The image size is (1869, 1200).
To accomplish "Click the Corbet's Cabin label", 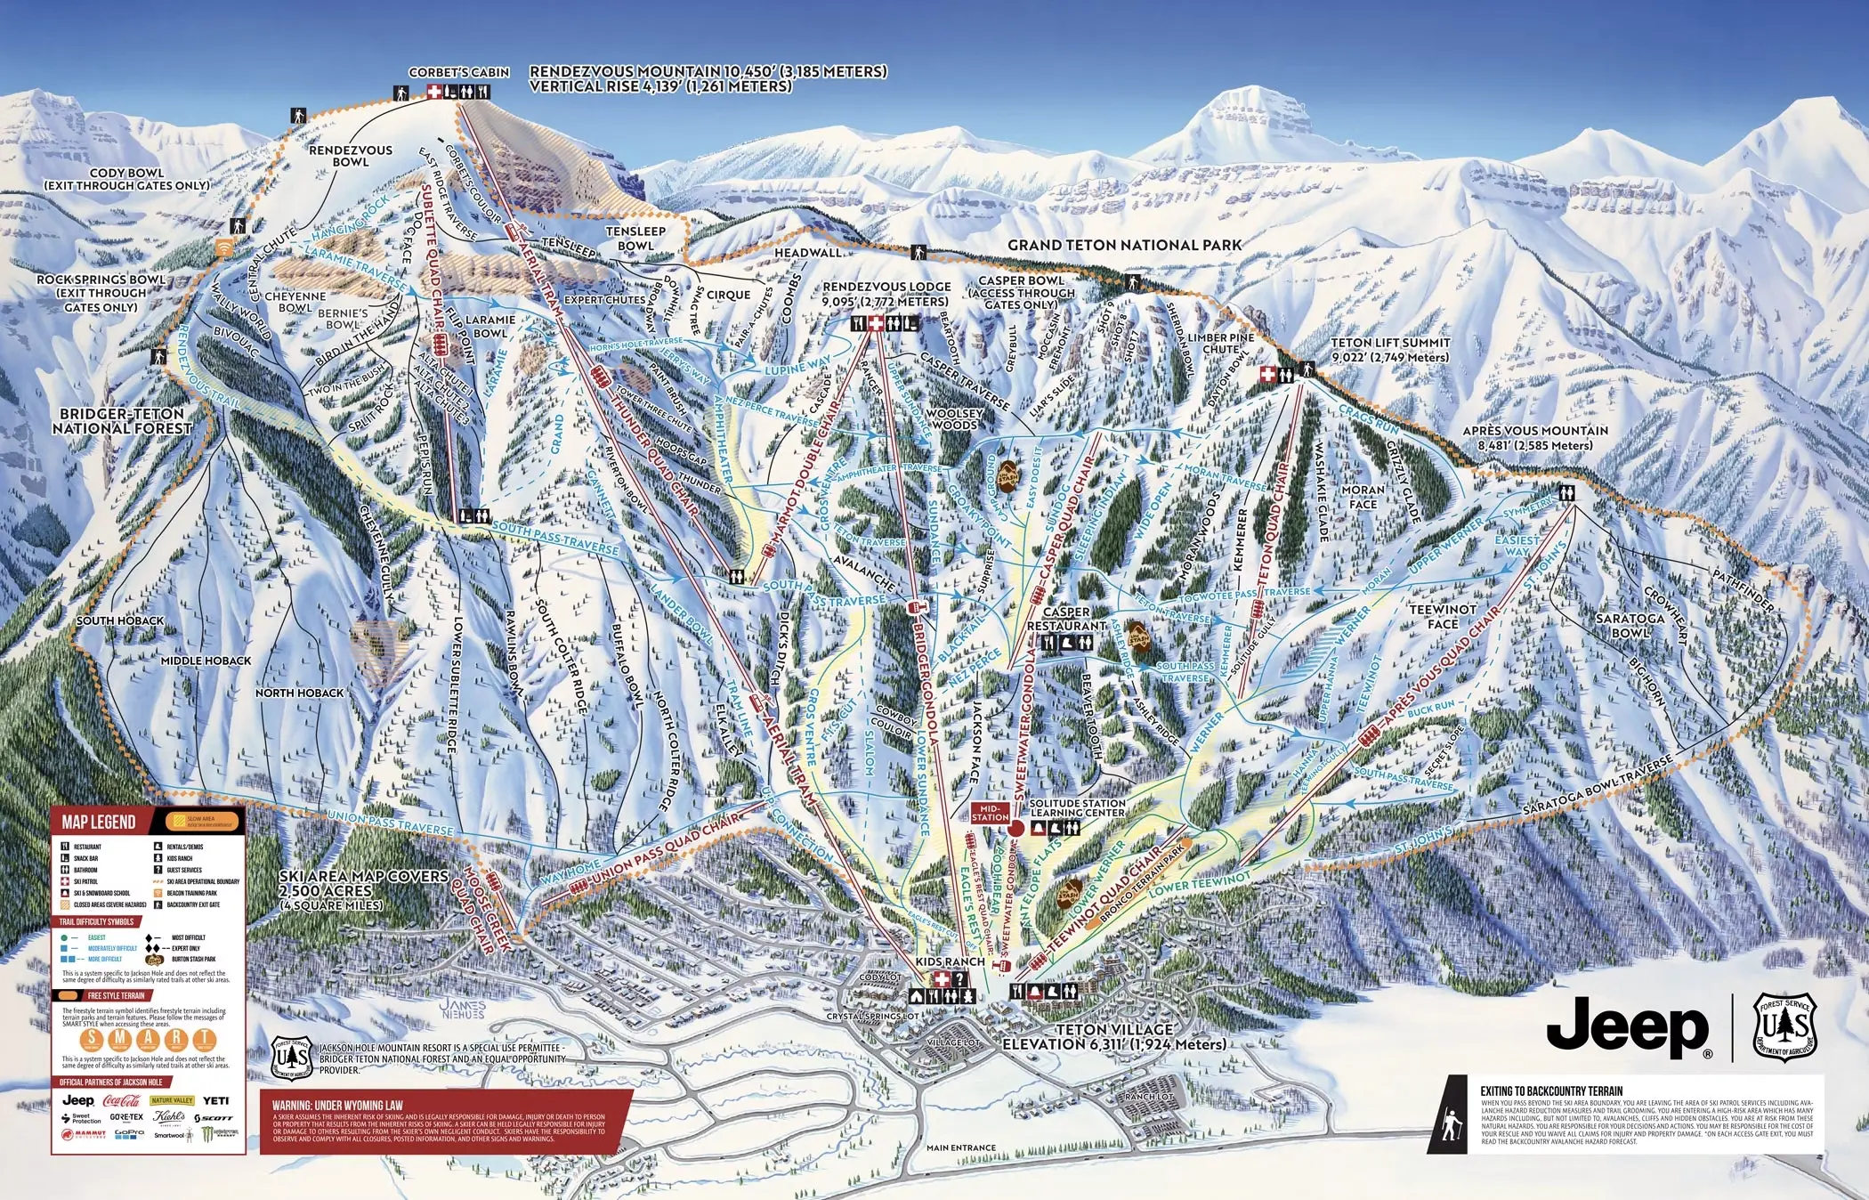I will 458,72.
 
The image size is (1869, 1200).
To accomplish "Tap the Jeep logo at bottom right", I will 1627,1028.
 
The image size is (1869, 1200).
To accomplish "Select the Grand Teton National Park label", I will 1124,245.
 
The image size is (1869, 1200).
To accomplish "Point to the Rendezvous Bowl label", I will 351,156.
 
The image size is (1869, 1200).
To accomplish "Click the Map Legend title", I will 99,822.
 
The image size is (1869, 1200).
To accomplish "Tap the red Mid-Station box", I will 990,813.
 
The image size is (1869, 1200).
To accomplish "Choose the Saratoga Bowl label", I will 1630,625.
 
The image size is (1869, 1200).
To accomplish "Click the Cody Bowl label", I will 127,179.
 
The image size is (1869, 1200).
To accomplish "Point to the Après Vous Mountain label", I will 1535,437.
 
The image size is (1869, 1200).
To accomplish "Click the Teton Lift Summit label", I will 1390,349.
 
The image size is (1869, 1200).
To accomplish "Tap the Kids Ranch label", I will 950,961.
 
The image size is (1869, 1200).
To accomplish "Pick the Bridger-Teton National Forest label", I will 122,421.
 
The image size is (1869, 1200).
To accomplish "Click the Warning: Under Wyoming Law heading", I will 337,1105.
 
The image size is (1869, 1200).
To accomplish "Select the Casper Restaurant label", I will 1066,619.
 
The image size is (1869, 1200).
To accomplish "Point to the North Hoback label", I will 299,693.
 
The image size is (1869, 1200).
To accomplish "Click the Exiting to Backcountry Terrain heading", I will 1551,1091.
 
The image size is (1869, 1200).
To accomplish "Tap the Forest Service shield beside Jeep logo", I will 1785,1028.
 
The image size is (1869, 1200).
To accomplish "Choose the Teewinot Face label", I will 1443,616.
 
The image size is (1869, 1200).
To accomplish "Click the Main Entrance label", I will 960,1147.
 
